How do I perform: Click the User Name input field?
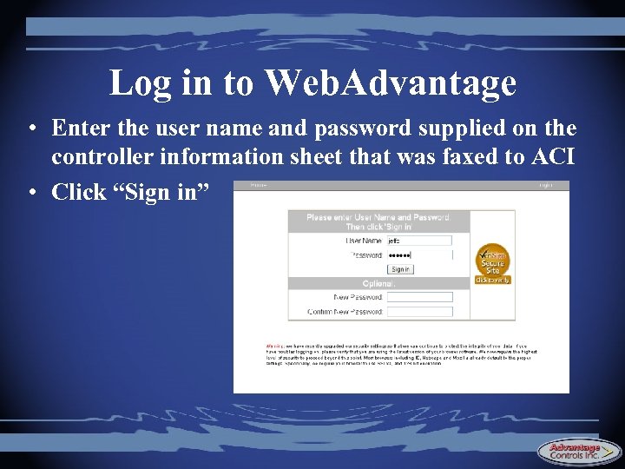(420, 241)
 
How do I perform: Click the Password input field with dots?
(420, 255)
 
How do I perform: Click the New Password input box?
(420, 297)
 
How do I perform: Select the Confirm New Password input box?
(420, 311)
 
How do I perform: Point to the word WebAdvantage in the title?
(391, 83)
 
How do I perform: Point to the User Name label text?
(364, 241)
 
